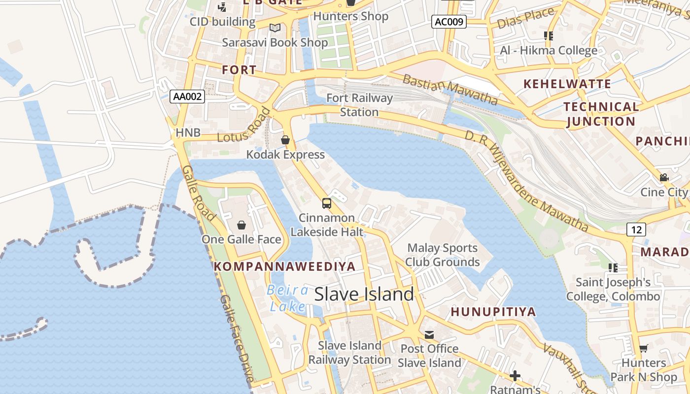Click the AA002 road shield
[187, 97]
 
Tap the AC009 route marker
[448, 22]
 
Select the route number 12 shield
[636, 229]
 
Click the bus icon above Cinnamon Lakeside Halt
[326, 203]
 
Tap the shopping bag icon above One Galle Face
[241, 225]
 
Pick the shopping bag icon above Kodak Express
[285, 140]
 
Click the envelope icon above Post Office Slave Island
[429, 335]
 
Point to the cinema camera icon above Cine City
[664, 177]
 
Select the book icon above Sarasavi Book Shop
[275, 28]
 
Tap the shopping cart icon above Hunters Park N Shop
[643, 349]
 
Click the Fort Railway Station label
[359, 105]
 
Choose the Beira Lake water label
[287, 298]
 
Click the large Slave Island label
[364, 294]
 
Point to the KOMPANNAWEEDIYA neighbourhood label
[284, 266]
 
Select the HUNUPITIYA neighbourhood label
[493, 312]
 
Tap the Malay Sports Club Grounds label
[442, 255]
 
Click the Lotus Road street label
[244, 126]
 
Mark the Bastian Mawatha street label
[450, 89]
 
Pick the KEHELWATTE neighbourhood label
[567, 84]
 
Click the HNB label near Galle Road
[188, 132]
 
